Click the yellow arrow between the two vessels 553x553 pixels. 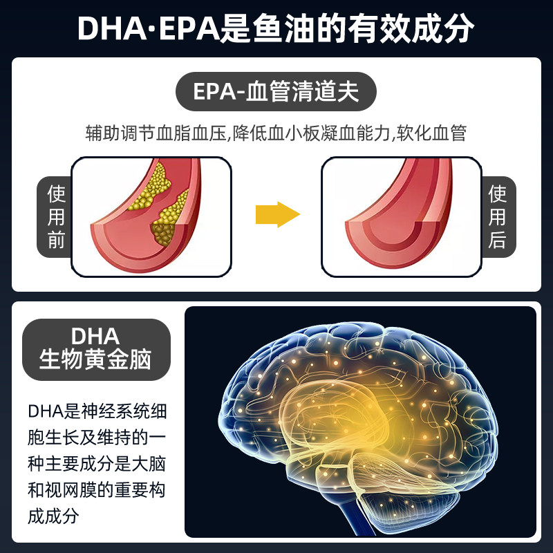(277, 214)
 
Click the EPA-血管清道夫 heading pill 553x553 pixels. (276, 92)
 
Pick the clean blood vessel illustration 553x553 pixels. (402, 216)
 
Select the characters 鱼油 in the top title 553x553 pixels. (287, 30)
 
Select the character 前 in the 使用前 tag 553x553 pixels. (55, 240)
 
